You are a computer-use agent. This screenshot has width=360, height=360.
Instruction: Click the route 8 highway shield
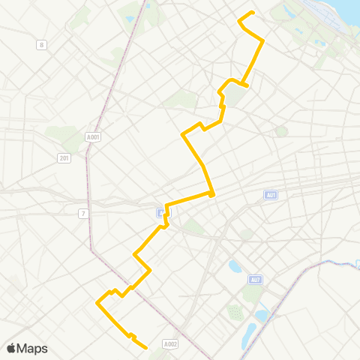[x=41, y=45]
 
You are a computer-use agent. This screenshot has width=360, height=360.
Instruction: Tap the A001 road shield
[x=94, y=137]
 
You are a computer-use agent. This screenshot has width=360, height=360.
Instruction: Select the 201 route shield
[x=64, y=157]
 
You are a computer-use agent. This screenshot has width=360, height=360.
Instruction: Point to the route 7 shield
[x=84, y=214]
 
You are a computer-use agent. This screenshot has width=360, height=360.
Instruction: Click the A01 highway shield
[x=271, y=195]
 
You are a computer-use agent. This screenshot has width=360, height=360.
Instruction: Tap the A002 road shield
[x=170, y=343]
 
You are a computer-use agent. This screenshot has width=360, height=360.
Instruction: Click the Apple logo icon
[x=12, y=348]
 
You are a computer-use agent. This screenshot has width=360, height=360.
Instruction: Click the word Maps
[x=32, y=348]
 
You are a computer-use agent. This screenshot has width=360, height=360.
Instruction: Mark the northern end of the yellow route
[x=253, y=13]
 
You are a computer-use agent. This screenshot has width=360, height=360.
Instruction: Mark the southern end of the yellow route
[x=145, y=347]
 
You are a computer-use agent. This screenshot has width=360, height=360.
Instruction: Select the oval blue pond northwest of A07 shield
[x=235, y=266]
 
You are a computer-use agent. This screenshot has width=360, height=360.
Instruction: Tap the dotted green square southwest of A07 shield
[x=235, y=311]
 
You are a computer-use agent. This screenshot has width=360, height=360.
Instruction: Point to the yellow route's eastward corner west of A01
[x=212, y=194]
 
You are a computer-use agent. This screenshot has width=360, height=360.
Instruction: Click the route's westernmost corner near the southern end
[x=97, y=303]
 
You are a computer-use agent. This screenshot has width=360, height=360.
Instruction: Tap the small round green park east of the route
[x=281, y=131]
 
